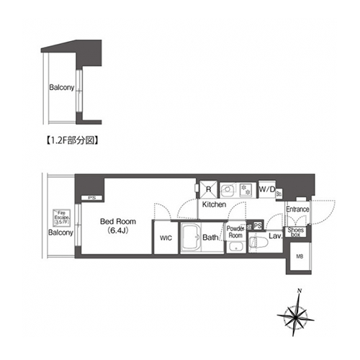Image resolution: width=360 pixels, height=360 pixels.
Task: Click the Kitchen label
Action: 214,204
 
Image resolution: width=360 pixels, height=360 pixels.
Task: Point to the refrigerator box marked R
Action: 208,189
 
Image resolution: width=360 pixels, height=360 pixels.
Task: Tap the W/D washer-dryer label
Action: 266,189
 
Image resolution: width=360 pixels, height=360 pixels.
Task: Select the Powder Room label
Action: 236,232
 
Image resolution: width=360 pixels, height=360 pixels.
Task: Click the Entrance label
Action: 297,210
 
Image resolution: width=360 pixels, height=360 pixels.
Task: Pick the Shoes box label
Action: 297,231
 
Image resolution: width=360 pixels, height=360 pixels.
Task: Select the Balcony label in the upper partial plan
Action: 61,88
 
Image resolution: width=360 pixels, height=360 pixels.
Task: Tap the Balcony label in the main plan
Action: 61,233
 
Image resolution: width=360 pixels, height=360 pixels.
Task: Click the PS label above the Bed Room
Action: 91,198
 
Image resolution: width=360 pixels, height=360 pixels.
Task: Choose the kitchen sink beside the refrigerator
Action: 226,189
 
